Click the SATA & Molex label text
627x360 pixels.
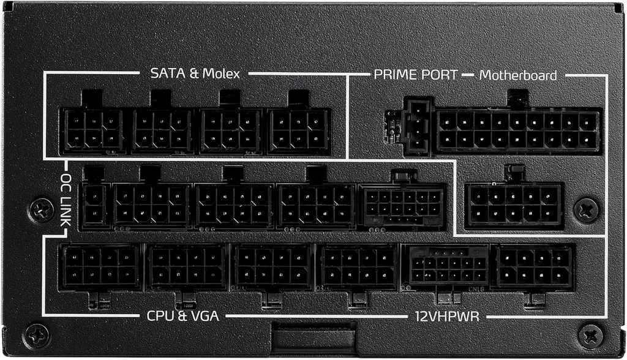coord(195,74)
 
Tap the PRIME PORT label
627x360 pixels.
coord(415,75)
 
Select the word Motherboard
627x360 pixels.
coord(518,75)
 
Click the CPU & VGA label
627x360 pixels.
coord(182,316)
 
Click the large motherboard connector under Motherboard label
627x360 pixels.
coord(518,131)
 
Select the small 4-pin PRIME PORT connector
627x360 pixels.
coord(418,127)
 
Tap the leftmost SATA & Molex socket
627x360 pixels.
coord(92,130)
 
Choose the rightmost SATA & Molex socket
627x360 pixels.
coord(299,130)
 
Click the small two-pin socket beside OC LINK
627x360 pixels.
coord(96,205)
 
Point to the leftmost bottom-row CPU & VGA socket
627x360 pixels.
coord(101,266)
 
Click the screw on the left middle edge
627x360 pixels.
coord(43,209)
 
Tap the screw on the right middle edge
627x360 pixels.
coord(586,209)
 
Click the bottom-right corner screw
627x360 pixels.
coord(592,336)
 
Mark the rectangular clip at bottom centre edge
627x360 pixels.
coord(314,337)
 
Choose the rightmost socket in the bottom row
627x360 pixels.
coord(535,266)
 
